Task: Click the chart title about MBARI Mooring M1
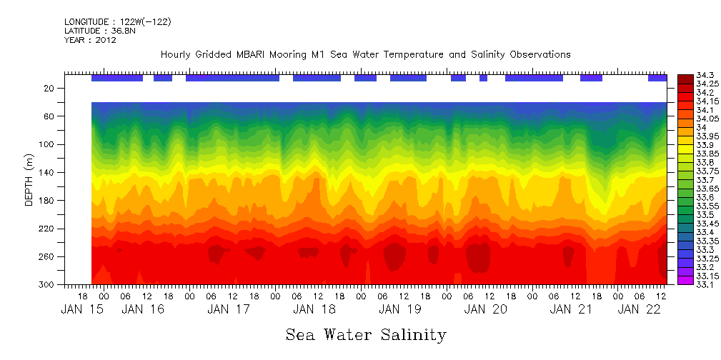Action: point(365,54)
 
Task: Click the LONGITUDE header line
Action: point(117,22)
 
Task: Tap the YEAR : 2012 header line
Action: point(90,40)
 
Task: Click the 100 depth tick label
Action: point(47,144)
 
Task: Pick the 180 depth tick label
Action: point(47,201)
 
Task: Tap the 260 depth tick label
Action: point(47,256)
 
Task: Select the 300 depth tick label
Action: point(47,284)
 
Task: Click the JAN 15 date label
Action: point(82,309)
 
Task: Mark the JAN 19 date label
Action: point(400,309)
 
